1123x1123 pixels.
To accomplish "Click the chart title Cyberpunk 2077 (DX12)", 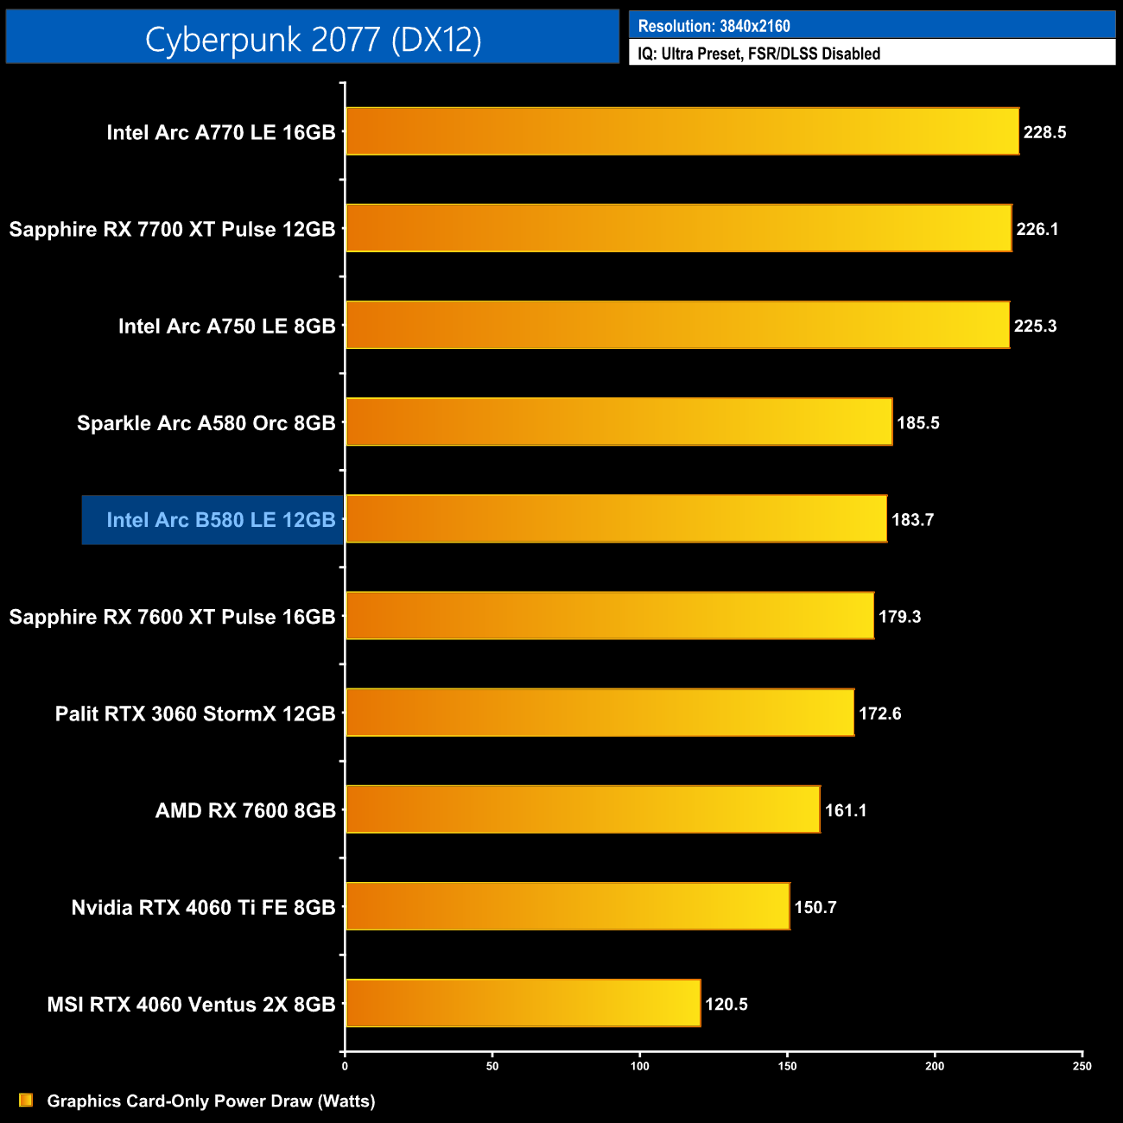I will pos(313,39).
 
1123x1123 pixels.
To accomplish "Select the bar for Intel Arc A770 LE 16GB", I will pos(682,131).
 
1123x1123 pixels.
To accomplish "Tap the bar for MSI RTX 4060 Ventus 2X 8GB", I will pos(523,1003).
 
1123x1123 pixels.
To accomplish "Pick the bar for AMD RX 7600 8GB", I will pos(583,809).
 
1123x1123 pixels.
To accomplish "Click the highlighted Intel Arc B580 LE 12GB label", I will pos(220,520).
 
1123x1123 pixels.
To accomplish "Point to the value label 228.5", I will pos(1044,132).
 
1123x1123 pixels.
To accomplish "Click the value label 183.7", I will pos(912,520).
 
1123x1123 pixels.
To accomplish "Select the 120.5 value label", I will pos(726,1004).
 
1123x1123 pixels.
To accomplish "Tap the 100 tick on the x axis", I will pos(640,1066).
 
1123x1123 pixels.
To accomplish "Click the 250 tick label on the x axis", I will pos(1082,1066).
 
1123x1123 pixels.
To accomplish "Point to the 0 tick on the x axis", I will pos(345,1066).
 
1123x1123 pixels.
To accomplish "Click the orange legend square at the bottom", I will pos(26,1100).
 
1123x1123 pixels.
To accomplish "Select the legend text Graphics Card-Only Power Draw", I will pos(211,1101).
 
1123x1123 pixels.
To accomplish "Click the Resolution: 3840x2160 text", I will pos(714,26).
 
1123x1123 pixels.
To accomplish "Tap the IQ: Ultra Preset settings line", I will pos(758,54).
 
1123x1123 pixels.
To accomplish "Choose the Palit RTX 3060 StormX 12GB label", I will pos(195,714).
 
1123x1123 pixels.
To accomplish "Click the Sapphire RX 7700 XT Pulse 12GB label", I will pos(172,229).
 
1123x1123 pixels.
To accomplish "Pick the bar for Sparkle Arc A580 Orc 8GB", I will pos(619,422).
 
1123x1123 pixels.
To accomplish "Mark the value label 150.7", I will pos(815,907).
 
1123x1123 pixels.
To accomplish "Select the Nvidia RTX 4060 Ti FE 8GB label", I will pos(203,907).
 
